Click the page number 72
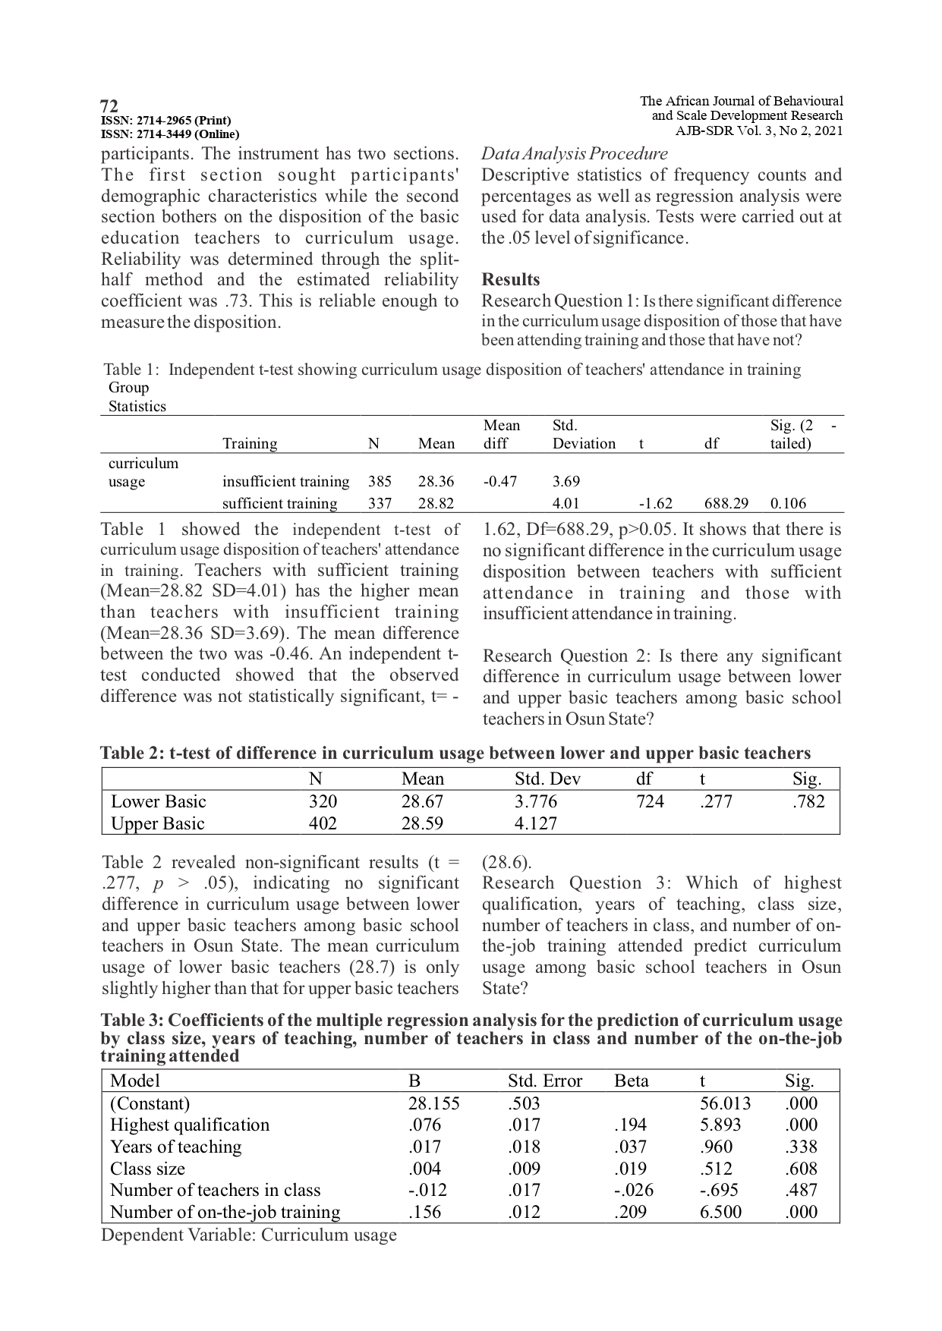point(109,105)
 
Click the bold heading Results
point(511,279)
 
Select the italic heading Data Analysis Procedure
point(575,154)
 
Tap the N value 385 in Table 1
point(380,481)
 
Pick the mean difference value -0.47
point(500,481)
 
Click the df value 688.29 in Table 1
point(726,503)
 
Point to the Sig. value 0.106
point(788,503)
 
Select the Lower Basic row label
point(158,801)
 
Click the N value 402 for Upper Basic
point(323,823)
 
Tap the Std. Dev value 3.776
point(536,801)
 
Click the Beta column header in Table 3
point(632,1081)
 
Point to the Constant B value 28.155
point(433,1103)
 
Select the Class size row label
point(147,1169)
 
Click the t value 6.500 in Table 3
point(720,1212)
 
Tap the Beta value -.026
point(634,1190)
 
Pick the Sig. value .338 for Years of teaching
point(802,1147)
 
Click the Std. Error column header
point(544,1081)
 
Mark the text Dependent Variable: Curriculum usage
point(249,1235)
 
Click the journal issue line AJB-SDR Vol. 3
point(759,130)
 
